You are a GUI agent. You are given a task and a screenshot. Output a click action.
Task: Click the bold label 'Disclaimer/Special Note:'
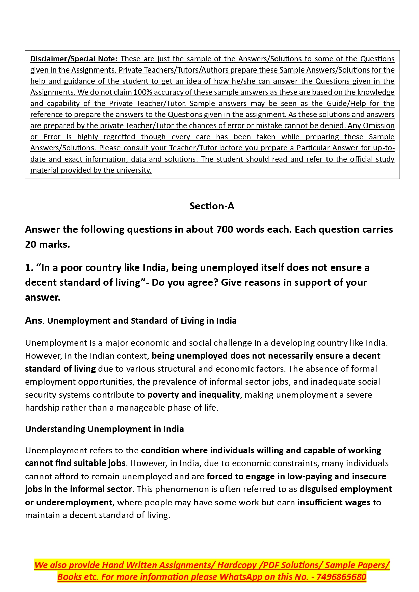click(74, 59)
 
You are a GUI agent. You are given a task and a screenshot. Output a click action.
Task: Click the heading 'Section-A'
click(212, 206)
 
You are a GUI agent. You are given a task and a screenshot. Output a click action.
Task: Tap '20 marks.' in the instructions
click(47, 244)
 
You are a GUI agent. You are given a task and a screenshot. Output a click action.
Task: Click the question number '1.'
click(29, 267)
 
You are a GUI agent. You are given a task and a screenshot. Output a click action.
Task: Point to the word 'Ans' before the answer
click(33, 320)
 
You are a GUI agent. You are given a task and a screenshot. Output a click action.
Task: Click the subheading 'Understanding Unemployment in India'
click(104, 429)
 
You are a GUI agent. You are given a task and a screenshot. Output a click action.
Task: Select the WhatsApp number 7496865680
click(341, 577)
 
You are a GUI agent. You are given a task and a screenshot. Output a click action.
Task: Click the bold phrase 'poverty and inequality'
click(193, 395)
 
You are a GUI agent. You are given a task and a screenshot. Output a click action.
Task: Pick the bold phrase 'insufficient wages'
click(334, 502)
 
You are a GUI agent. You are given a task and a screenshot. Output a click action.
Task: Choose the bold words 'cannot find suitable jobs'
click(75, 463)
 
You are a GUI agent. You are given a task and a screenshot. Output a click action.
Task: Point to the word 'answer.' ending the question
click(43, 297)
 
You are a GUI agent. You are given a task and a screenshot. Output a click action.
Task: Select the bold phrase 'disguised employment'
click(346, 489)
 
